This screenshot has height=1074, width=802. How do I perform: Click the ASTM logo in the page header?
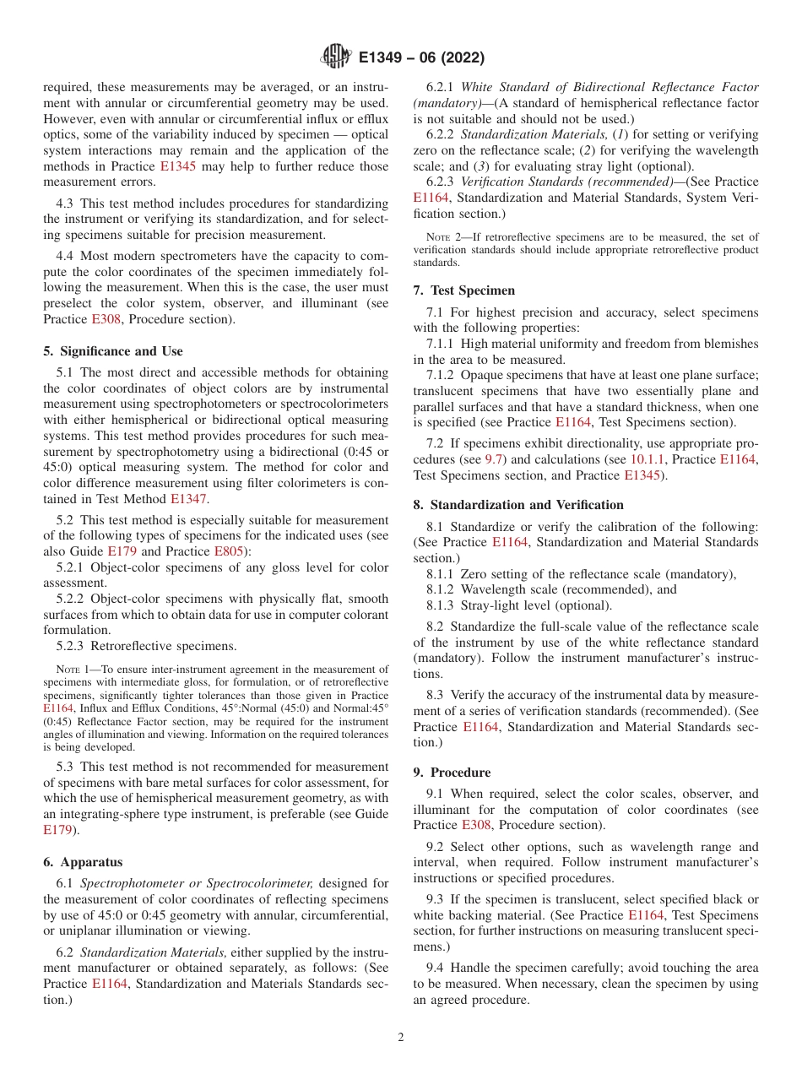[335, 57]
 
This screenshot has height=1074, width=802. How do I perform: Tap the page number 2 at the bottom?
[400, 1037]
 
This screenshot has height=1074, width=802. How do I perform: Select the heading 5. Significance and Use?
[112, 351]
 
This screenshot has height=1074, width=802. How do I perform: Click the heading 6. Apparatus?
[83, 862]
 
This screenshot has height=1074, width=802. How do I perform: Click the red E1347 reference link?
[188, 499]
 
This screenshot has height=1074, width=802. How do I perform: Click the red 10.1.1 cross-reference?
[648, 459]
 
